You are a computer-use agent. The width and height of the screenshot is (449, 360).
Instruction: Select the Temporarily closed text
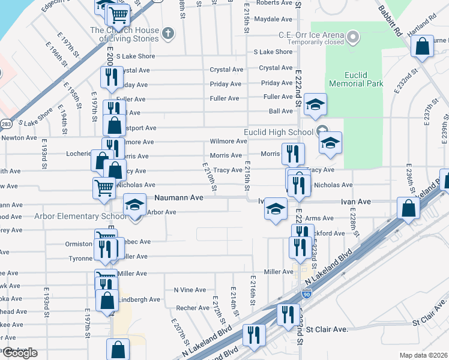click(x=315, y=43)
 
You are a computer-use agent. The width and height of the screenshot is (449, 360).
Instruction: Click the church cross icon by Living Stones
click(x=169, y=34)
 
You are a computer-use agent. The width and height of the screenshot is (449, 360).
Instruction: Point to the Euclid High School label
click(x=278, y=132)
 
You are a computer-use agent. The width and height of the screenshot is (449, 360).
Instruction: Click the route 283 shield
click(x=5, y=124)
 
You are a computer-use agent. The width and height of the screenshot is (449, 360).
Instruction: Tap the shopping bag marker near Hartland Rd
click(x=423, y=46)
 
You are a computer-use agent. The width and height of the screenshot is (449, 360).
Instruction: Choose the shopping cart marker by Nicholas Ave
click(x=104, y=187)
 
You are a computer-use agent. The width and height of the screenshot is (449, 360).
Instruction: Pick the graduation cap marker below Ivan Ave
click(x=276, y=209)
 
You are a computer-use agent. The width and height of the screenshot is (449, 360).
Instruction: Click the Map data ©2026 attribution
click(x=423, y=355)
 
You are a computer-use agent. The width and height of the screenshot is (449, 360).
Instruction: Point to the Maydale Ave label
click(x=273, y=19)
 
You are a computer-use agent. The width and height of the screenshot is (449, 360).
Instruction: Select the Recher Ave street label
click(x=192, y=308)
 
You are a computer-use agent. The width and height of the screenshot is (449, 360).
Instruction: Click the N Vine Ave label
click(x=189, y=290)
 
